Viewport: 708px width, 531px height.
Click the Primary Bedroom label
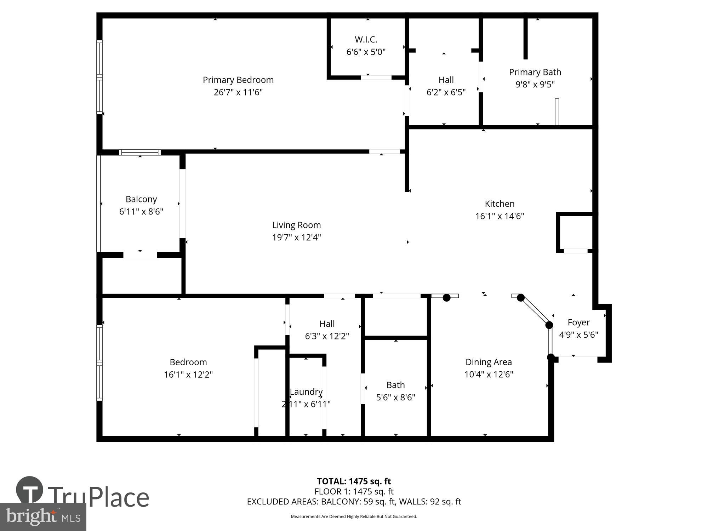238,80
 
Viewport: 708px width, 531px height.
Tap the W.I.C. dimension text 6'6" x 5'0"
366,52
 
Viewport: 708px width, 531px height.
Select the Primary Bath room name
535,72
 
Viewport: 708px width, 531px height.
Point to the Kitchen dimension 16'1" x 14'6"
499,216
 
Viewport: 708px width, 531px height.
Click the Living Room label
296,225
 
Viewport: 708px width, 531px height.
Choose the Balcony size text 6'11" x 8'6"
141,212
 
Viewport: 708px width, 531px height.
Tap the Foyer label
578,322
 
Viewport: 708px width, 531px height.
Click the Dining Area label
488,362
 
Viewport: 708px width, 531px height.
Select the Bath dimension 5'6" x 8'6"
395,398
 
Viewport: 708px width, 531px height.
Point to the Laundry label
306,392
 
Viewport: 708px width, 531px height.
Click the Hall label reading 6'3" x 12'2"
327,324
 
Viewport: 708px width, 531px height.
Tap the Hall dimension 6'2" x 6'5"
446,92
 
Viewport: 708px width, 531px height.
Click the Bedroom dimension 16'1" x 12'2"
188,375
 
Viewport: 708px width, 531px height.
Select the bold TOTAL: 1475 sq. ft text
354,481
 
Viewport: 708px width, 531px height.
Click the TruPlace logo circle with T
30,490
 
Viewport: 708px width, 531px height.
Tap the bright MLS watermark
43,517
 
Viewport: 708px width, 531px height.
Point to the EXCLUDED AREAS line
354,502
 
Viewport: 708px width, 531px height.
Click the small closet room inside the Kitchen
575,232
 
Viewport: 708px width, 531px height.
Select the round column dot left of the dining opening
446,298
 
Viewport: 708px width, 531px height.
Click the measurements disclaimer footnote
354,516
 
